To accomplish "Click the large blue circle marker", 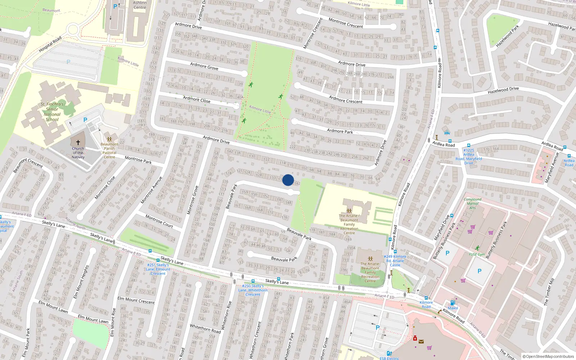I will [x=288, y=180].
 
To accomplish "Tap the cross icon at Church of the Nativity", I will [x=78, y=143].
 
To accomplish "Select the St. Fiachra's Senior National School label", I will [x=52, y=112].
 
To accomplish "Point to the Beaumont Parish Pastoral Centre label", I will [x=109, y=150].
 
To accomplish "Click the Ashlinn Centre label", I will [x=140, y=5].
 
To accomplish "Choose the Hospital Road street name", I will [x=50, y=44].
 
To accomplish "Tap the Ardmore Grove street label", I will [x=204, y=66].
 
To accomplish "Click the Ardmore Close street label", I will [x=197, y=99].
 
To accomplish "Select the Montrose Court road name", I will [x=159, y=221].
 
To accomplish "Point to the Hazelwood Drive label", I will [x=503, y=90].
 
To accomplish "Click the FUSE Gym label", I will [x=477, y=254].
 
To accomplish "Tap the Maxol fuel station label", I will [x=453, y=308].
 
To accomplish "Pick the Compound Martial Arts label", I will [x=473, y=203].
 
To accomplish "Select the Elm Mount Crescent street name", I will [x=136, y=300].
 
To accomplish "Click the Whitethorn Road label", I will [x=205, y=328].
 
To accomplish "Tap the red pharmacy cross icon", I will [x=415, y=338].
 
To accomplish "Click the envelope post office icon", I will [x=421, y=341].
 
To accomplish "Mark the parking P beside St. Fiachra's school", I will [x=85, y=120].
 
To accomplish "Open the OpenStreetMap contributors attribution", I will [x=548, y=356].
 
